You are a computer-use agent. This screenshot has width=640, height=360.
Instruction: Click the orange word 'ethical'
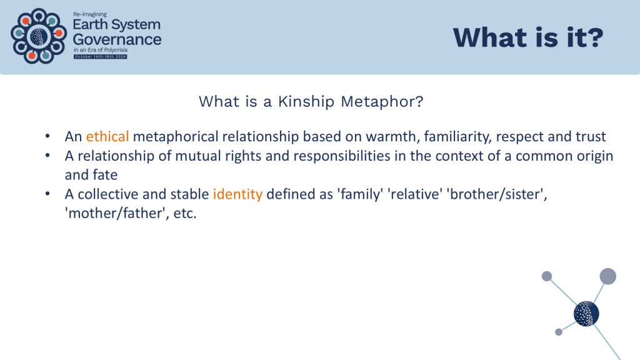(107, 136)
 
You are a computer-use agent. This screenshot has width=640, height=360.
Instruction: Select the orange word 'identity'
(237, 194)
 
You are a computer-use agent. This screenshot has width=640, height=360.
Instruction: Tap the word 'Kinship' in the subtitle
(306, 102)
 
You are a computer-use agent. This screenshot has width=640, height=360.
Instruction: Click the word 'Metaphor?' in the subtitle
(382, 101)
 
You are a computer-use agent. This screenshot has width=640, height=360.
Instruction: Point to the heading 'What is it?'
(528, 37)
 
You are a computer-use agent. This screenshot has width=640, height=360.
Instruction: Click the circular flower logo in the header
(39, 36)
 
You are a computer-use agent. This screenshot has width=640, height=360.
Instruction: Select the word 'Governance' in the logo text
(117, 39)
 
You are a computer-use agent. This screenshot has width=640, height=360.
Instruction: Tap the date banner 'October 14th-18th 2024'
(101, 57)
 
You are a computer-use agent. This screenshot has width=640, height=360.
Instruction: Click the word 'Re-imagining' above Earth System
(90, 14)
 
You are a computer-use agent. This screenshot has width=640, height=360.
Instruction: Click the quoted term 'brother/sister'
(497, 194)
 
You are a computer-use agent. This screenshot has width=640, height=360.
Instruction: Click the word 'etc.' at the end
(185, 214)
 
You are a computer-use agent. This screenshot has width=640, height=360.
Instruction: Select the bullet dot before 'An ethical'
(47, 136)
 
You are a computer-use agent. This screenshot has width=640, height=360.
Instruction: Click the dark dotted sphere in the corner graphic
(586, 314)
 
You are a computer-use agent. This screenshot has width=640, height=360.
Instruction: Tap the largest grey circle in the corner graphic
(607, 276)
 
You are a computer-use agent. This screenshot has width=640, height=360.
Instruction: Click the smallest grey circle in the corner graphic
(559, 332)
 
